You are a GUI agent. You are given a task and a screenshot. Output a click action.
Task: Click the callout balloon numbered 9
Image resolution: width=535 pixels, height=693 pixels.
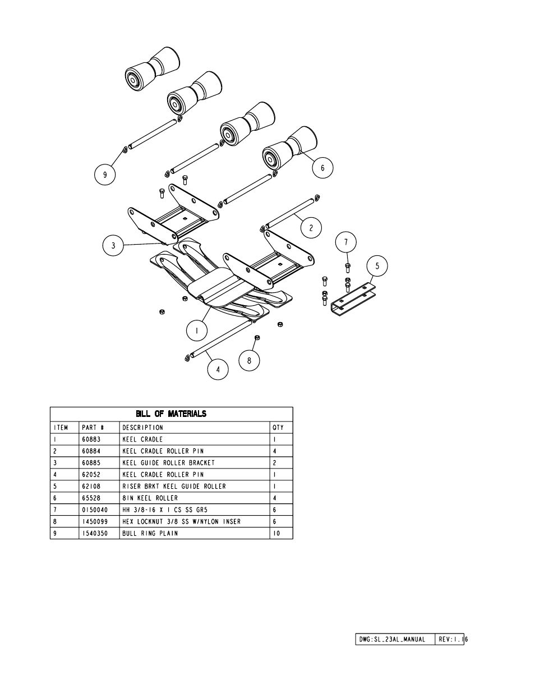tap(104, 175)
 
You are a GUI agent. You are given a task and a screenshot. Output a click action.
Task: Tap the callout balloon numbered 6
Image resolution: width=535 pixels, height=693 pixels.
tap(322, 167)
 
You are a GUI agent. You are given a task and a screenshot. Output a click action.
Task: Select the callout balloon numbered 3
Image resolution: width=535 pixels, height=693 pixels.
tap(113, 246)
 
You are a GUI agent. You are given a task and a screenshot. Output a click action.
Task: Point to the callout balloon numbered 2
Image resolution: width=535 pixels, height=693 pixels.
tap(311, 228)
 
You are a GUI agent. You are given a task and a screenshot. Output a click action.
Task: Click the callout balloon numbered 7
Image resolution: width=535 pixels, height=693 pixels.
tap(346, 242)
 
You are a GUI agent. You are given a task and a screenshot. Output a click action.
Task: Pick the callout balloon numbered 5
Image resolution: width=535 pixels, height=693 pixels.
tap(377, 266)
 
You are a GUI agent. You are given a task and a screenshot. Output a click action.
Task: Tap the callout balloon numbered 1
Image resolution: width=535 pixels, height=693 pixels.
tap(197, 331)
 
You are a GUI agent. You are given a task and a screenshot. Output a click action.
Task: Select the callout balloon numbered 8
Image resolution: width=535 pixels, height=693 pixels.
tap(250, 361)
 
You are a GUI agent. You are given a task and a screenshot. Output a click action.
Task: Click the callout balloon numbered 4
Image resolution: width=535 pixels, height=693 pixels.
tap(218, 369)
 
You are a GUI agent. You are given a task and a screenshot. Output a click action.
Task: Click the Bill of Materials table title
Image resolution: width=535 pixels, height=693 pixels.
tap(171, 414)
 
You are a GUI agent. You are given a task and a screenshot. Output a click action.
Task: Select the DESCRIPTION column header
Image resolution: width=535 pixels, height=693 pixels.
tap(142, 428)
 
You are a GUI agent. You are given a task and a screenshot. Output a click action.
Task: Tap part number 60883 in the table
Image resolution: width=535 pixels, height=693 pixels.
tap(91, 439)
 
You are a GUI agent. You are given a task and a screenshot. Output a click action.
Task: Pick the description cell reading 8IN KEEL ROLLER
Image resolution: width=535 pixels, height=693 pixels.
tap(150, 498)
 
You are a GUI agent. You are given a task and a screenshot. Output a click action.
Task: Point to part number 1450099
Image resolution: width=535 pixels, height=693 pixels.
tap(95, 521)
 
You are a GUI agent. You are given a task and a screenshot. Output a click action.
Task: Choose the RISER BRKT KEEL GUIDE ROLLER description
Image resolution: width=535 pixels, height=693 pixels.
tap(174, 486)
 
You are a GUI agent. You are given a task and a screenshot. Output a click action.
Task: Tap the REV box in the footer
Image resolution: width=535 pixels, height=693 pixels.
tap(450, 639)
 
